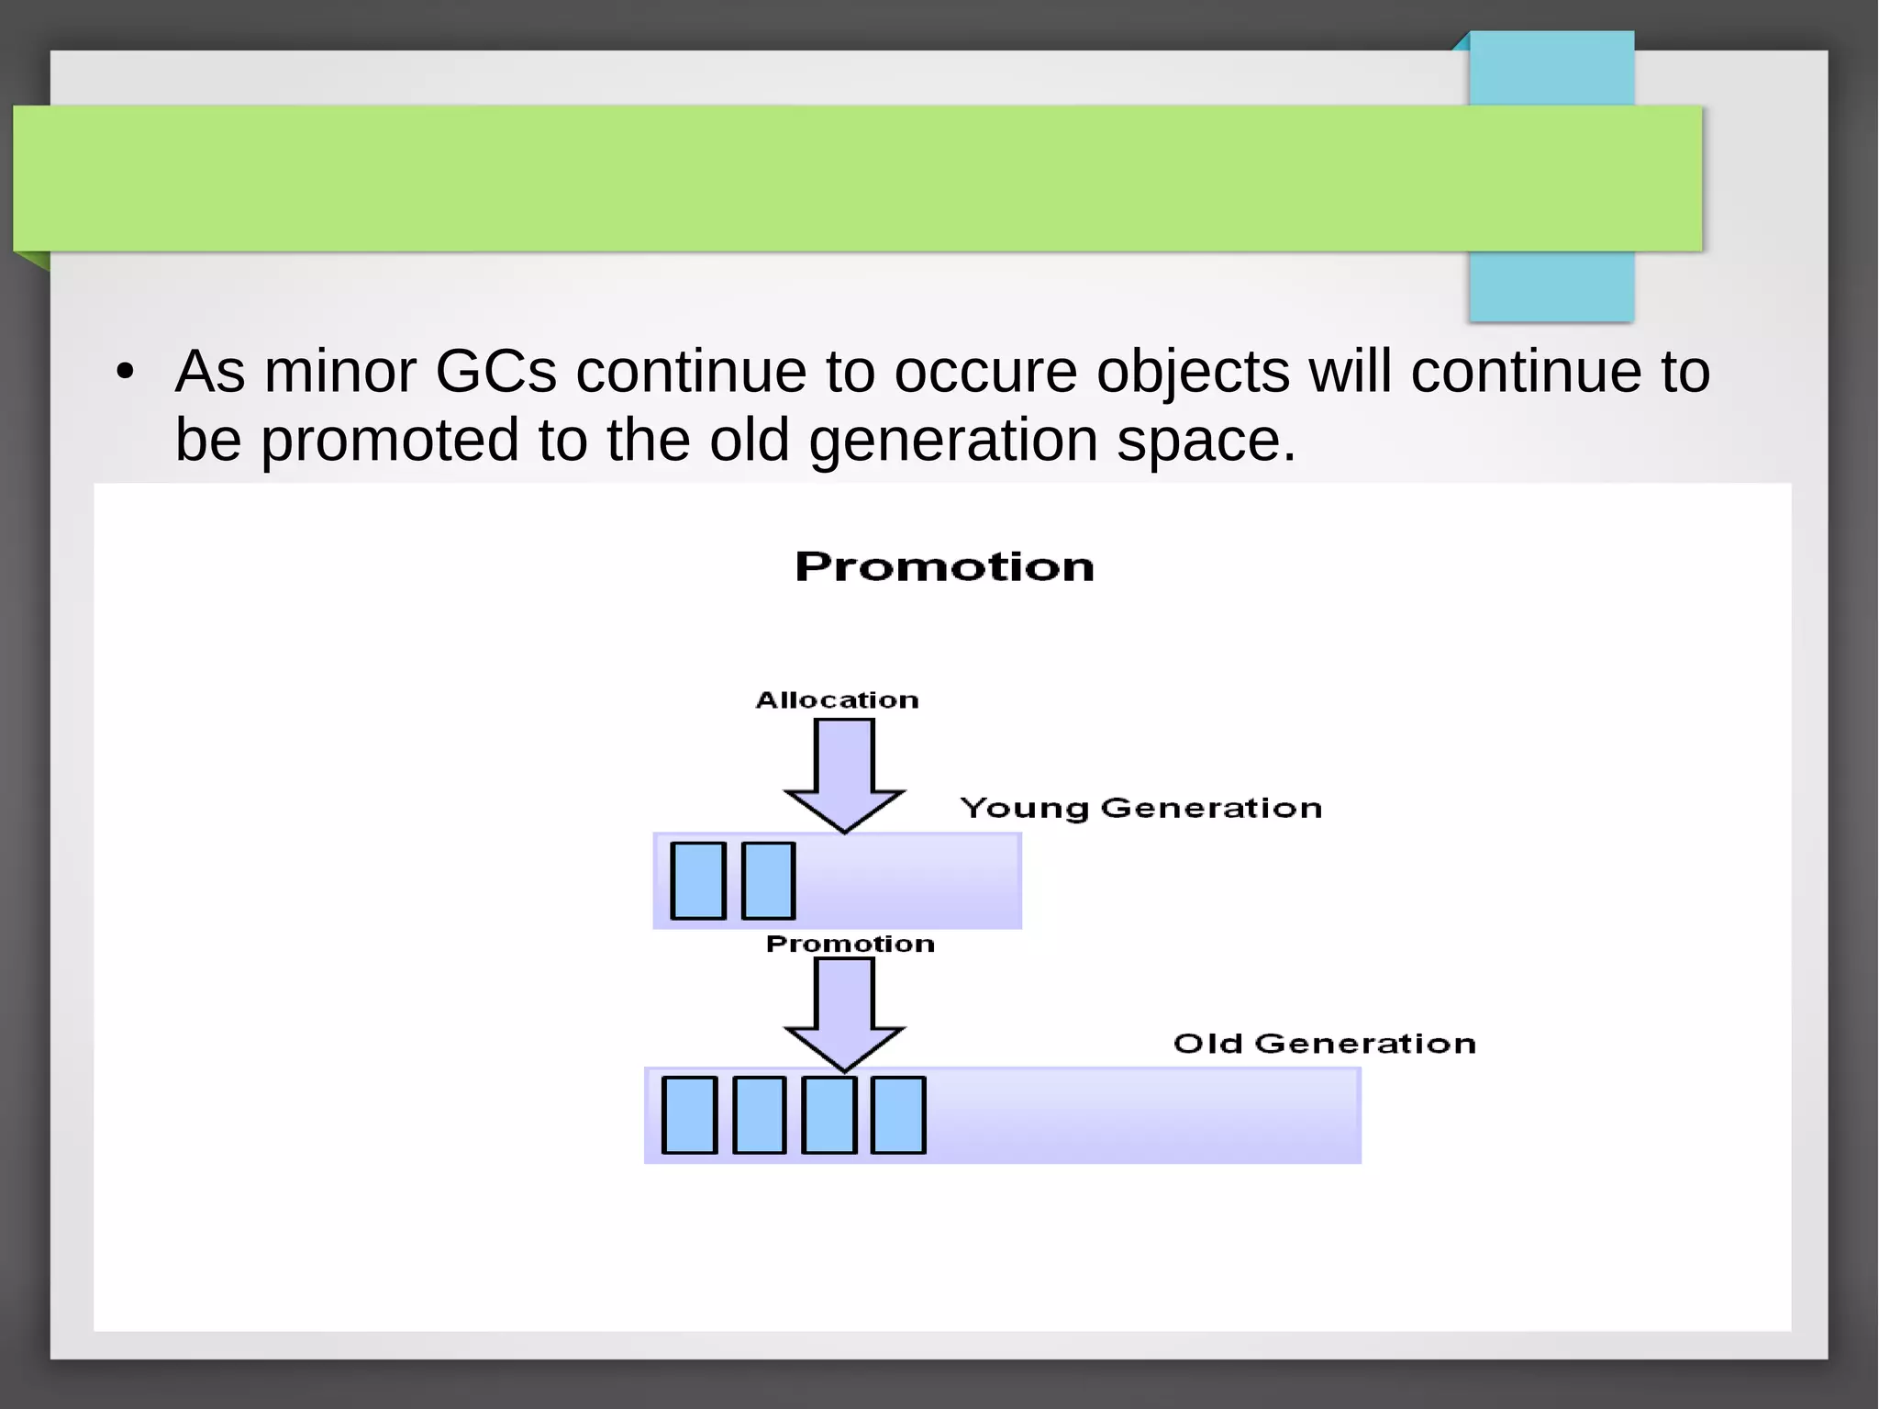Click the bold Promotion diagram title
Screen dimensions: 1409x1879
click(944, 566)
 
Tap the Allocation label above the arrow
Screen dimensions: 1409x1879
click(837, 700)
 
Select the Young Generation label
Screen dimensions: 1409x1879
click(1140, 808)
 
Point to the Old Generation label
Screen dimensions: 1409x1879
click(1324, 1044)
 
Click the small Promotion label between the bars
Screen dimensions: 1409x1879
click(850, 944)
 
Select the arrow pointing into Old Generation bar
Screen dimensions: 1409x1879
click(844, 1012)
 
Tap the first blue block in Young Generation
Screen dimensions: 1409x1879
click(698, 880)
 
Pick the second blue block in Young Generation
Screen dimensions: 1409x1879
click(768, 880)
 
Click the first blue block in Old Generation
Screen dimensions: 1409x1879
click(689, 1115)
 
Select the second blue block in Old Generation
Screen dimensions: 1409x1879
click(760, 1115)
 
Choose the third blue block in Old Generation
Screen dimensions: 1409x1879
click(828, 1115)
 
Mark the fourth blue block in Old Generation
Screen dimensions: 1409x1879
click(898, 1115)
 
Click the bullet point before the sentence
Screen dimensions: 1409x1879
click(126, 373)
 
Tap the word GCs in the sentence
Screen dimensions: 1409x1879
click(495, 372)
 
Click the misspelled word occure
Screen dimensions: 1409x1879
click(985, 372)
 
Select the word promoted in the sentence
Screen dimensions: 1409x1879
click(390, 441)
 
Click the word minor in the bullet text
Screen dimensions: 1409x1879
click(339, 372)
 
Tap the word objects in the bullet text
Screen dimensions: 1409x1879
click(1193, 372)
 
